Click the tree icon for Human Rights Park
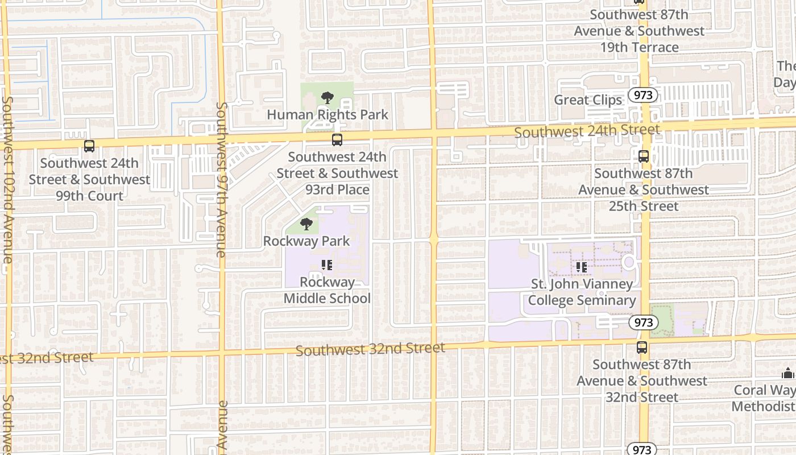coord(327,98)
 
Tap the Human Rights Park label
coord(327,115)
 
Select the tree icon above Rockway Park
coord(306,224)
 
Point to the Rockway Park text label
coord(306,241)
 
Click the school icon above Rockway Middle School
coord(326,265)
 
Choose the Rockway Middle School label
coord(327,290)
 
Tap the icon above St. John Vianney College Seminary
coord(581,266)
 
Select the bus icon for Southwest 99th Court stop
coord(89,146)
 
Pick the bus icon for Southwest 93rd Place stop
coord(337,140)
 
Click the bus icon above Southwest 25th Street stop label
coord(644,156)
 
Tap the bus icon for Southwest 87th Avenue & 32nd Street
coord(642,347)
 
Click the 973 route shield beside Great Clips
coord(643,95)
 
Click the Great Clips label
coord(588,100)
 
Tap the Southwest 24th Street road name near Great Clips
coord(587,131)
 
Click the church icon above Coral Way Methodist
coord(788,374)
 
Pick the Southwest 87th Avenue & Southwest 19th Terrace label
coord(639,31)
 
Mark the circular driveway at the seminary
coord(628,263)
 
